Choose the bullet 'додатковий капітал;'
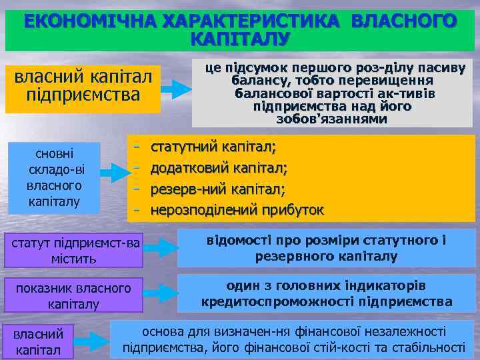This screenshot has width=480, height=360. (x=219, y=167)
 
